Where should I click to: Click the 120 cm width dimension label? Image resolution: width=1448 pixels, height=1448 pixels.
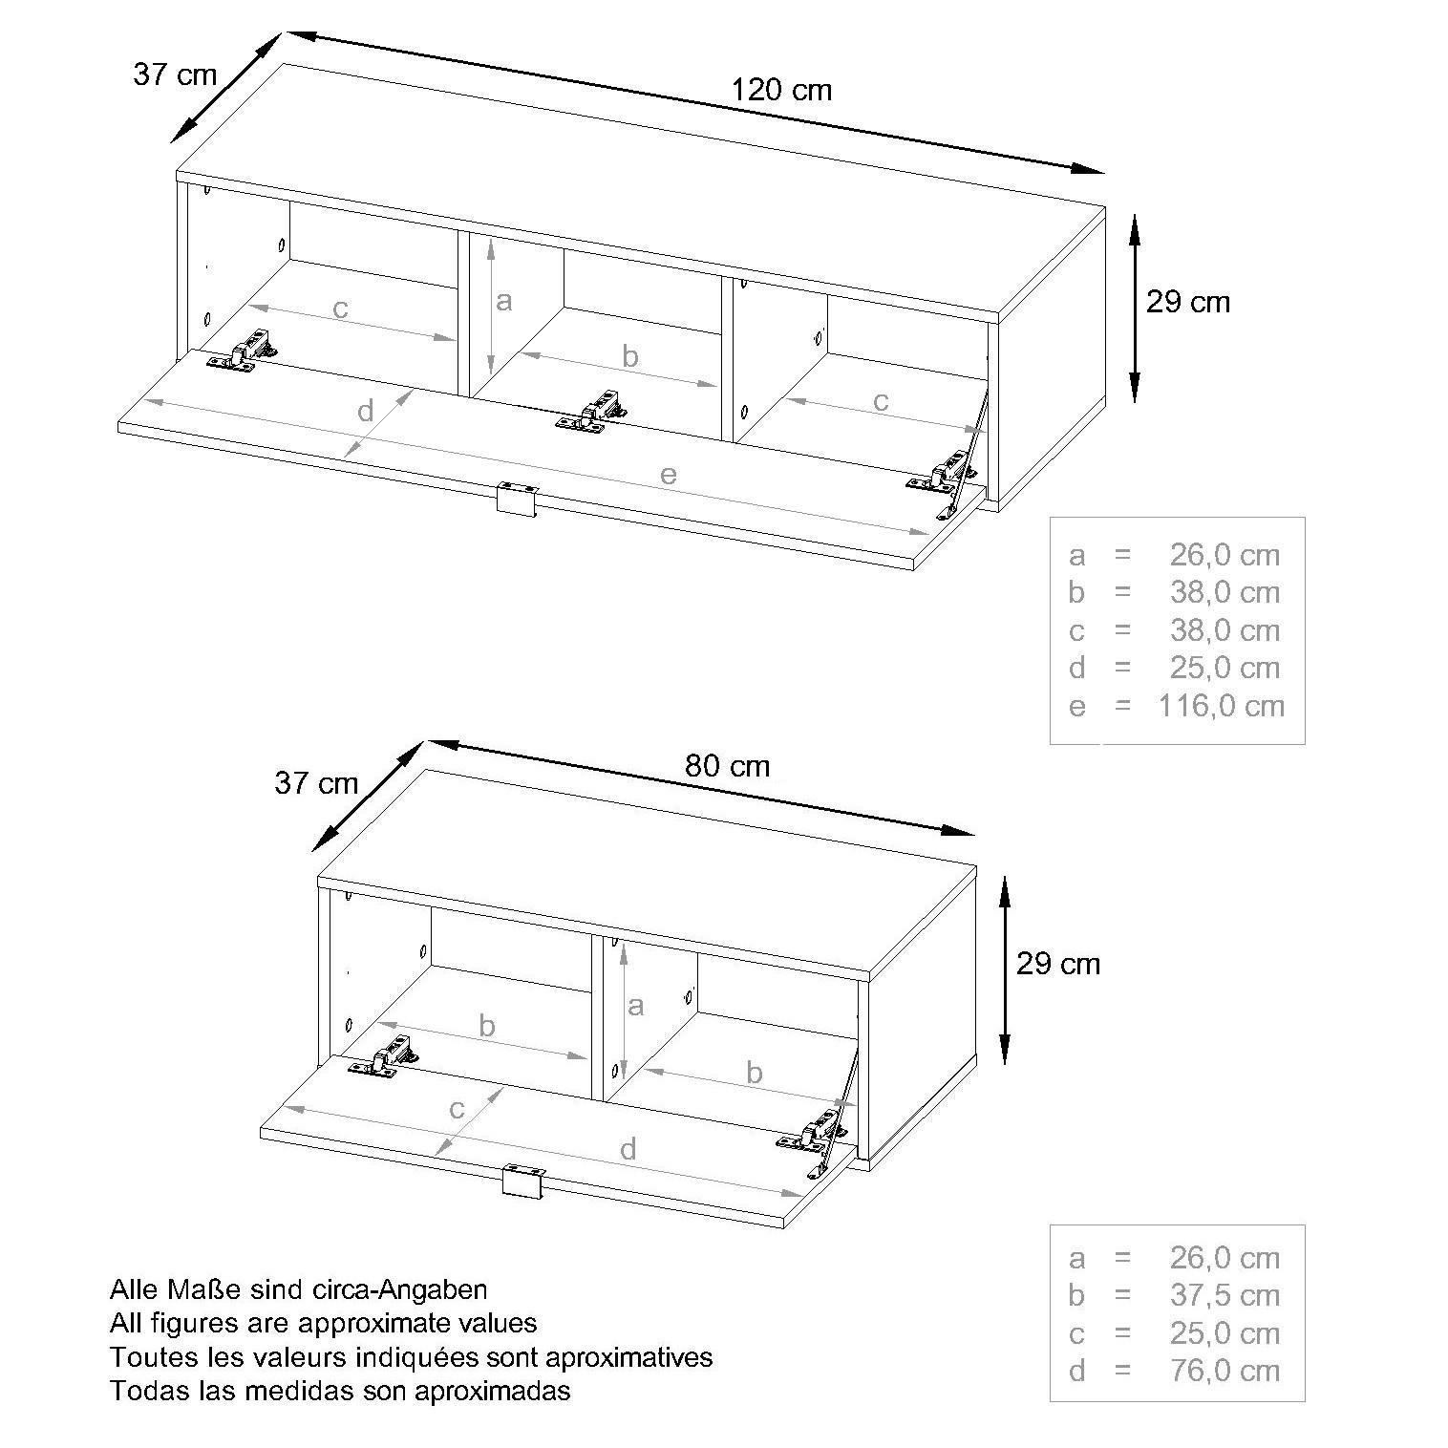(x=781, y=90)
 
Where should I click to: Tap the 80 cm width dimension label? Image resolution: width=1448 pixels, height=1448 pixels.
(x=727, y=766)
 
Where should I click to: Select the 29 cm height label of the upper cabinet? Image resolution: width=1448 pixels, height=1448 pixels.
(x=1187, y=302)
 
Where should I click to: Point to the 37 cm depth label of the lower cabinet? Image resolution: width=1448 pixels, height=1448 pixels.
(x=316, y=783)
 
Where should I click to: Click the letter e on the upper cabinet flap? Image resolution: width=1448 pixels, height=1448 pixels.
(x=668, y=474)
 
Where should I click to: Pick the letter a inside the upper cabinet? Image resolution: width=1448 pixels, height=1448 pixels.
(x=503, y=301)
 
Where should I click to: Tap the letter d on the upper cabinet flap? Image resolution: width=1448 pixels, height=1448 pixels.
(x=365, y=412)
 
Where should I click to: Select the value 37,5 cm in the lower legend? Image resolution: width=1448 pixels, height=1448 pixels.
(x=1224, y=1295)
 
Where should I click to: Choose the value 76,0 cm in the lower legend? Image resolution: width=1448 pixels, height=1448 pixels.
(x=1224, y=1371)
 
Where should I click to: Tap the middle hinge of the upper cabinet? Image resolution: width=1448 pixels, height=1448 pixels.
(x=593, y=411)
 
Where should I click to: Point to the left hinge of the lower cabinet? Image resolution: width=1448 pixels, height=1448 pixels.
(x=386, y=1057)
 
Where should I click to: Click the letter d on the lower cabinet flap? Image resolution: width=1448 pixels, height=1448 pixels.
(x=628, y=1149)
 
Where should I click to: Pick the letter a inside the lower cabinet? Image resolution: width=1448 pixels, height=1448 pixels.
(x=635, y=1005)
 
